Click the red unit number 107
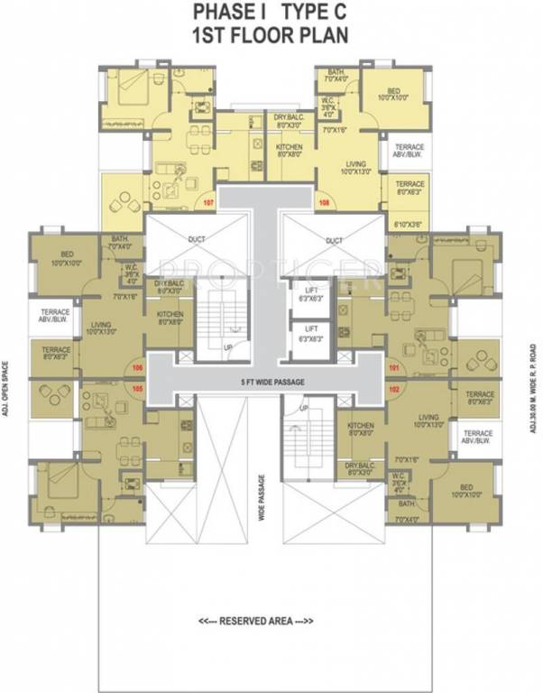point(208,202)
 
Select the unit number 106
point(138,367)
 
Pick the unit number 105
point(138,388)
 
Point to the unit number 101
point(393,367)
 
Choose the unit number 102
point(393,388)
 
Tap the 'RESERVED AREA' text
point(255,621)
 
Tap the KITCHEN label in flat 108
point(289,146)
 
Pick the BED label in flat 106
point(67,255)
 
